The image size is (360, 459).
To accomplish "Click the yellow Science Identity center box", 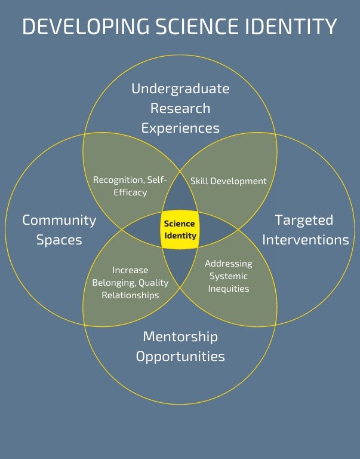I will (180, 229).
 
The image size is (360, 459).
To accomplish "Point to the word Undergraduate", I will (180, 88).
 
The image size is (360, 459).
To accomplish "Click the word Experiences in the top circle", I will (180, 128).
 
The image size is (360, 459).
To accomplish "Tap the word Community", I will (59, 220).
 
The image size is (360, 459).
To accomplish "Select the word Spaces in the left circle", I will (59, 240).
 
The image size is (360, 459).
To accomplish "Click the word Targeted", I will (304, 220).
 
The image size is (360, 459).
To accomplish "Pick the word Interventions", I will (305, 240).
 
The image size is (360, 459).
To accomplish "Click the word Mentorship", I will (180, 336).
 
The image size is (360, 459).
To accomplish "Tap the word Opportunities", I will (180, 357).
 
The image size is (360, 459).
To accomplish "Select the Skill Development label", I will (228, 180).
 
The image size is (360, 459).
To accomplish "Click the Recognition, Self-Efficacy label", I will (130, 186).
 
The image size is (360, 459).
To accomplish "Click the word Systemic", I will (228, 276).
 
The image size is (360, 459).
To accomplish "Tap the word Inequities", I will (228, 289).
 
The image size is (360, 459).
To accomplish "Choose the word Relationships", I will (130, 295).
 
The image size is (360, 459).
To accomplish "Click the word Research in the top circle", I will (180, 108).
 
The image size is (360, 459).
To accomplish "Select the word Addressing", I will (228, 264).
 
